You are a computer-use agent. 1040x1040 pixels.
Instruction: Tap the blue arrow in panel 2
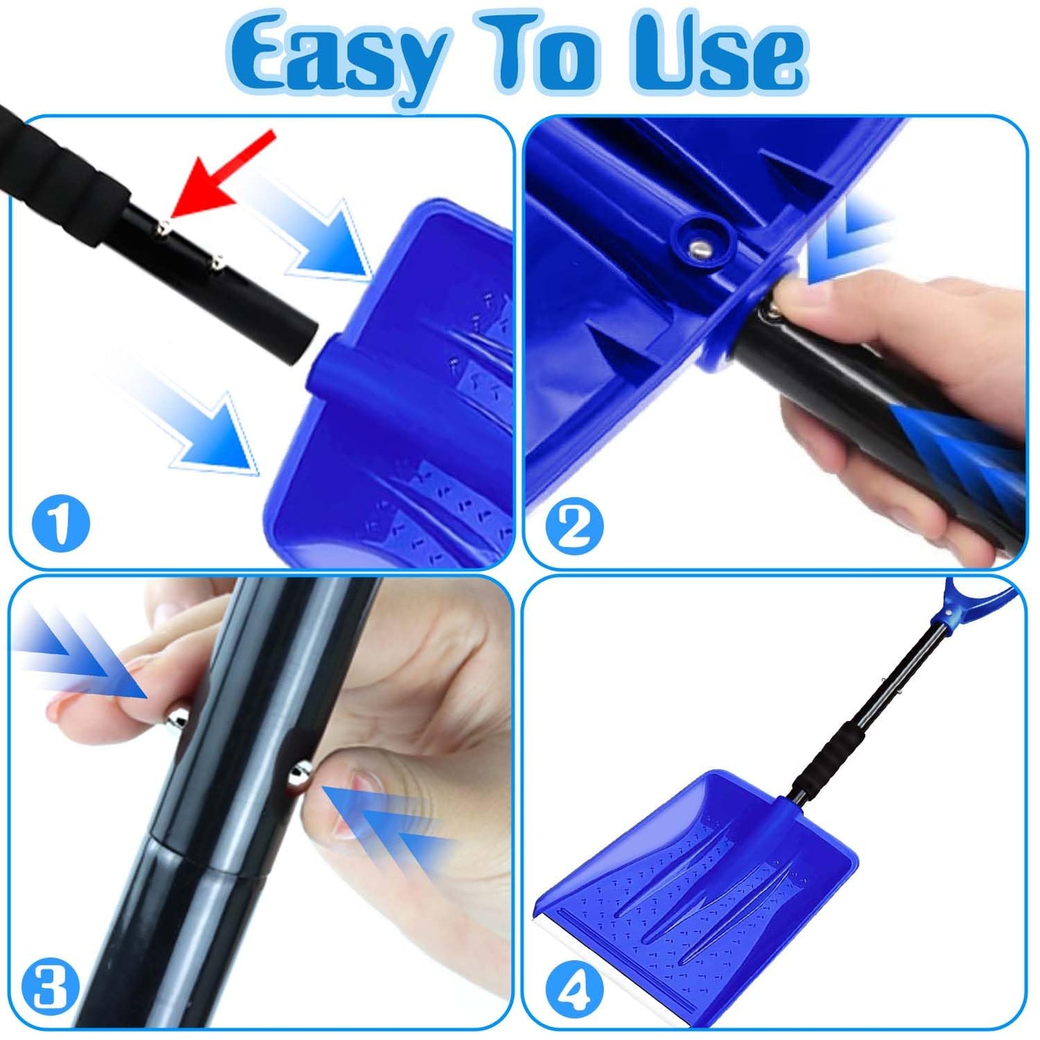849,238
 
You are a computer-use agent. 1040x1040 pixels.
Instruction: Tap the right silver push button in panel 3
297,774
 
